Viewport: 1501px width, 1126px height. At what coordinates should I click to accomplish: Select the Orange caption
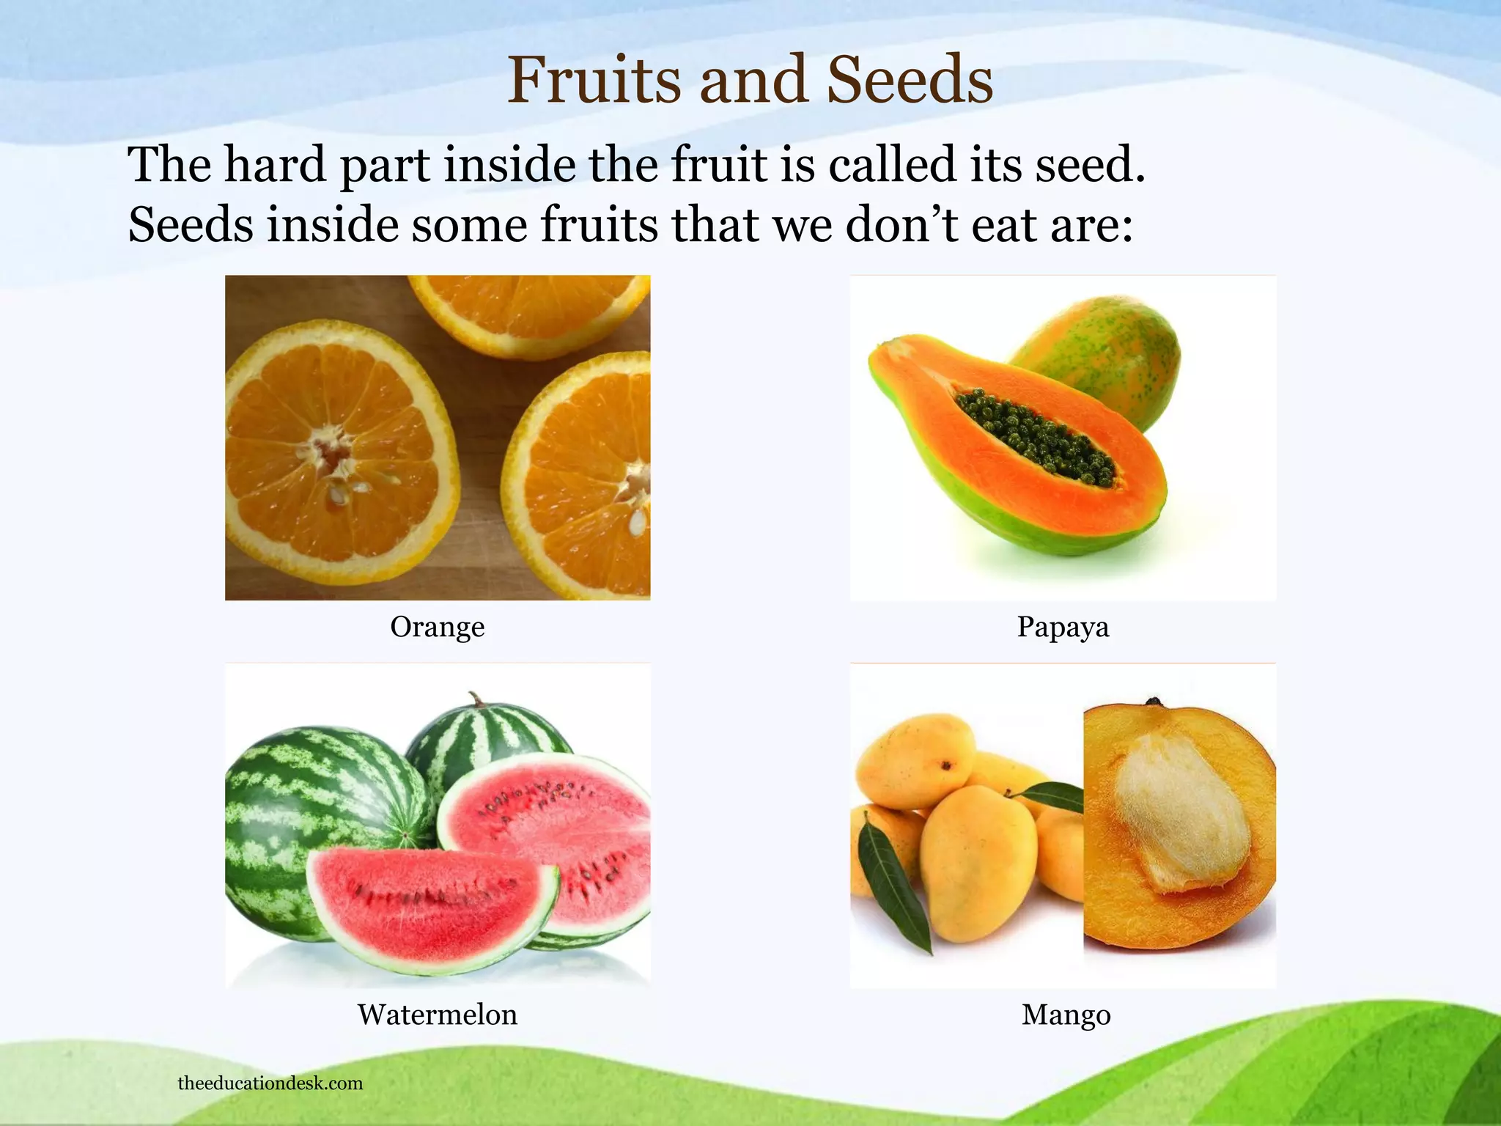point(437,628)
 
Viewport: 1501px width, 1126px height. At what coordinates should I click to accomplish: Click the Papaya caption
point(1063,628)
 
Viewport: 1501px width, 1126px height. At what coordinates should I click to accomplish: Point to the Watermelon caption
point(437,1015)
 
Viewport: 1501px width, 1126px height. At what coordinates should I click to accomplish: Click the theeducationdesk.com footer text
point(270,1083)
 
